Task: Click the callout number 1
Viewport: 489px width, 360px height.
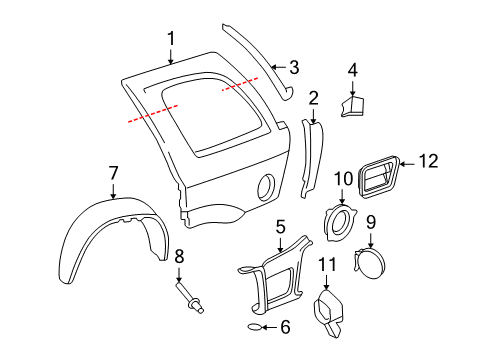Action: click(171, 38)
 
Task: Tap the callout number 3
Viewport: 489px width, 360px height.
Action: click(293, 67)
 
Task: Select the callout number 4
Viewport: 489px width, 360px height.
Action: click(353, 70)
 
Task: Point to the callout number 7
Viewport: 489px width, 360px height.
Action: click(114, 174)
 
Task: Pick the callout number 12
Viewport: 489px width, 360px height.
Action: click(428, 160)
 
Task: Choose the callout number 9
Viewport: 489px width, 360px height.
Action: click(370, 221)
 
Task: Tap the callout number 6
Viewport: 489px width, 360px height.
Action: click(285, 327)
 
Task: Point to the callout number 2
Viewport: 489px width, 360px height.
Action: click(313, 97)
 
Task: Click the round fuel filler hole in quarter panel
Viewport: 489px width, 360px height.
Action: click(266, 185)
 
